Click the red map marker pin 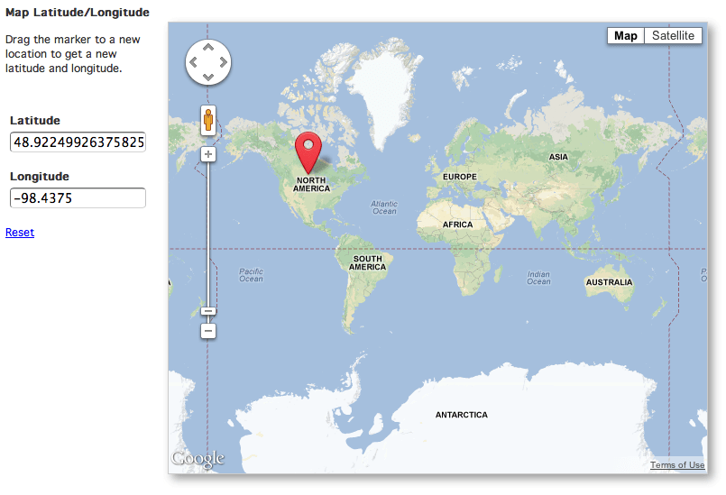pos(309,149)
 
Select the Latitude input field pos(78,142)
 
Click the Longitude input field pos(78,198)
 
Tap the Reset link pos(20,233)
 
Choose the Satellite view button pos(674,36)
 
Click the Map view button pos(626,36)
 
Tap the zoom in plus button pos(208,154)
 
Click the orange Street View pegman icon pos(208,120)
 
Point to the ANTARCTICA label pos(461,415)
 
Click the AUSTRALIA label pos(609,282)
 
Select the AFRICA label pos(457,225)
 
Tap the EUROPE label pos(458,177)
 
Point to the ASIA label pos(559,157)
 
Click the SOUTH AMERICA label pos(367,263)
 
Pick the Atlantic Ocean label pos(384,207)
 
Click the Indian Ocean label pos(538,278)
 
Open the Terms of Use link pos(677,465)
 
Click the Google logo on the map pos(198,459)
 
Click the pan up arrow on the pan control pos(208,46)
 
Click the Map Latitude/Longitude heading pos(77,13)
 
